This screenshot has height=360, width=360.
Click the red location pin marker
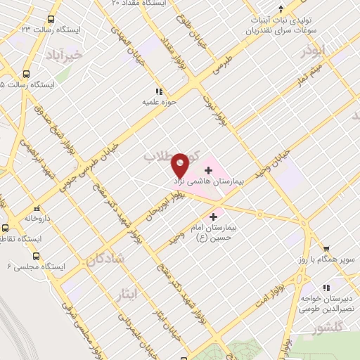(x=181, y=164)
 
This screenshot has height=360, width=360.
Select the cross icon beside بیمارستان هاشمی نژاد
(x=208, y=169)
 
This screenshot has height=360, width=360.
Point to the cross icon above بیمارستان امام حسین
(x=213, y=217)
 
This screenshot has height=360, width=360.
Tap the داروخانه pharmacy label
(x=39, y=219)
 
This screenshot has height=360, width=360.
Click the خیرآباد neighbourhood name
(x=64, y=53)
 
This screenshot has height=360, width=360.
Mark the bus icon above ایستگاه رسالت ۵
(x=27, y=74)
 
